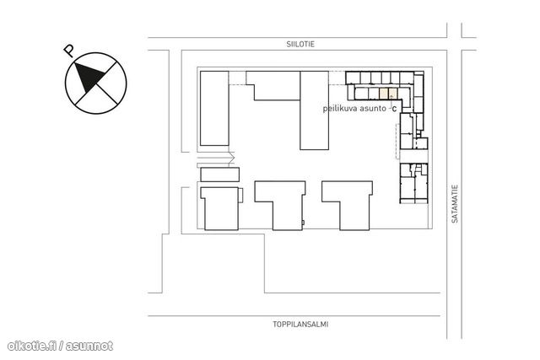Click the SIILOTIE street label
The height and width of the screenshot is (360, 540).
[300, 44]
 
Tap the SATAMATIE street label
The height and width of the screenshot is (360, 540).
[455, 204]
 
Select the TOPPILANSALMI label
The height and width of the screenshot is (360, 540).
[300, 325]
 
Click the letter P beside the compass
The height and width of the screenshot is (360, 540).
[69, 51]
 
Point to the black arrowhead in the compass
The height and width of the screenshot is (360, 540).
[89, 77]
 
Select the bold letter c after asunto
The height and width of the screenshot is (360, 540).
[394, 109]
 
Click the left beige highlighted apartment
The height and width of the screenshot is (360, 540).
[383, 94]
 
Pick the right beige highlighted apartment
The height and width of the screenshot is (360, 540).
[392, 94]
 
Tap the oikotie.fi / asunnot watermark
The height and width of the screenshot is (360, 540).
[60, 346]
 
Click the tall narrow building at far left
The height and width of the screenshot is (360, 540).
[214, 108]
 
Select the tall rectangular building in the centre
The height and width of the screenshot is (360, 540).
[314, 110]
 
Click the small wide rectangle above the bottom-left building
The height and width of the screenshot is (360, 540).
[219, 175]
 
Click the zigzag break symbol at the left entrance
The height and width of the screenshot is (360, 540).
[232, 159]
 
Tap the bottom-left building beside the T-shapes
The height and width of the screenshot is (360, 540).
[221, 208]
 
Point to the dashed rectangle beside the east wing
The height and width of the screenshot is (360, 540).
[397, 141]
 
